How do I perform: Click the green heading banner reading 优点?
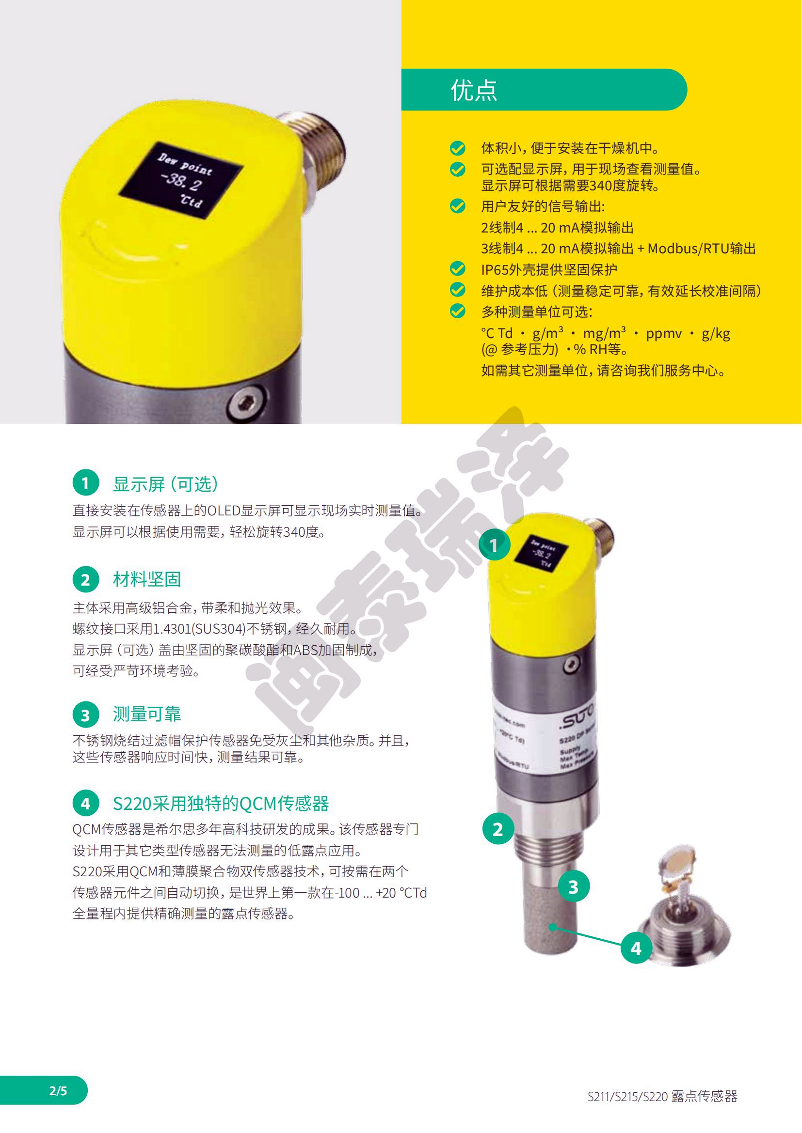pyautogui.click(x=543, y=90)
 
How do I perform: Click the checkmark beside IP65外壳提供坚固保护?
pyautogui.click(x=458, y=269)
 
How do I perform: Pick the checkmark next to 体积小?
pyautogui.click(x=458, y=148)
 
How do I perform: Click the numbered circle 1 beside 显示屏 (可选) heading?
pyautogui.click(x=85, y=482)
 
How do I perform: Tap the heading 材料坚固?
pyautogui.click(x=146, y=579)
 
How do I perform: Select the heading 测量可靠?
pyautogui.click(x=146, y=714)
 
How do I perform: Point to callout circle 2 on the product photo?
pyautogui.click(x=498, y=829)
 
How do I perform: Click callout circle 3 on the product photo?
pyautogui.click(x=573, y=887)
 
